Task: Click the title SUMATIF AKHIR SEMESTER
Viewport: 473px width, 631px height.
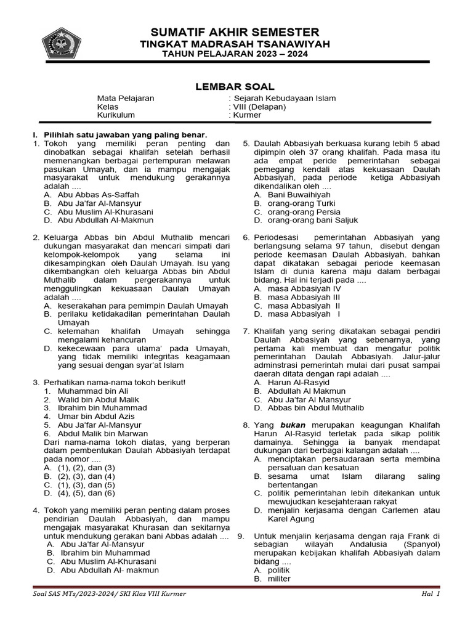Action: coord(235,32)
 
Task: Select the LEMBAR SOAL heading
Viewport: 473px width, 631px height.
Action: coord(235,87)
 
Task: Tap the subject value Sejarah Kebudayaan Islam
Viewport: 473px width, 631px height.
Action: coord(284,98)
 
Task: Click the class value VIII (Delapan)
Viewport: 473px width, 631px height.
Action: coord(259,107)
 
